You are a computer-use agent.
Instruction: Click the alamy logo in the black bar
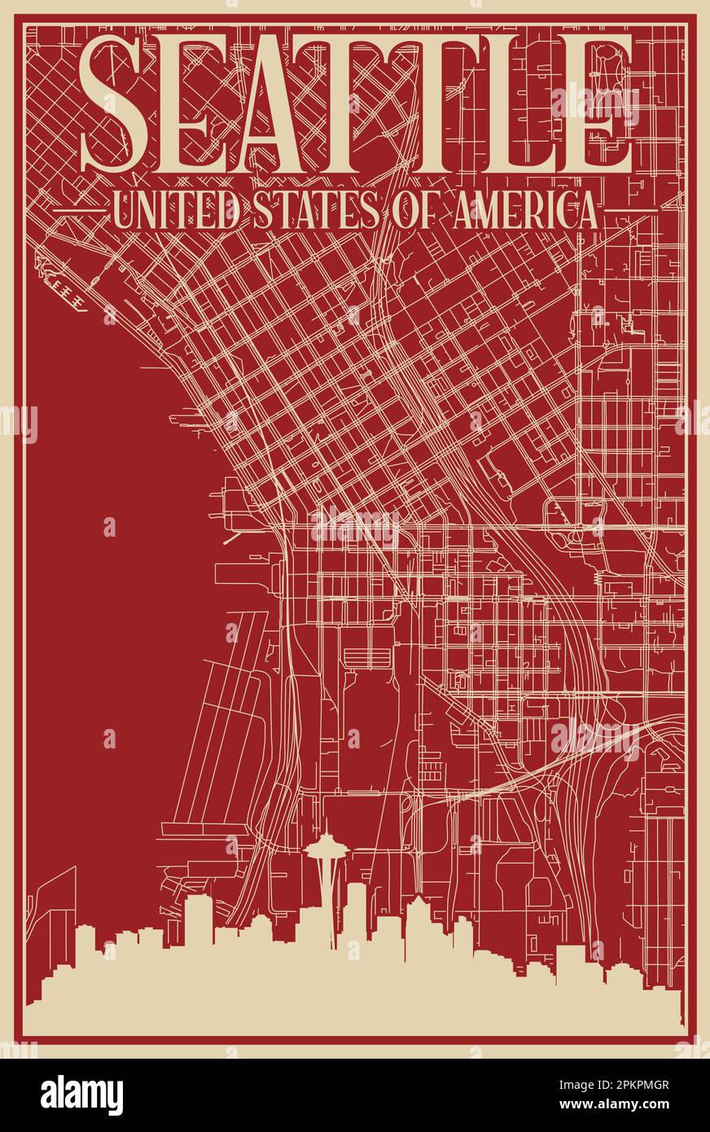coord(81,1095)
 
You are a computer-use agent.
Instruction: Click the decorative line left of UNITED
coord(80,209)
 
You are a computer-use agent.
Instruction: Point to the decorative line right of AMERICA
coord(630,209)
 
